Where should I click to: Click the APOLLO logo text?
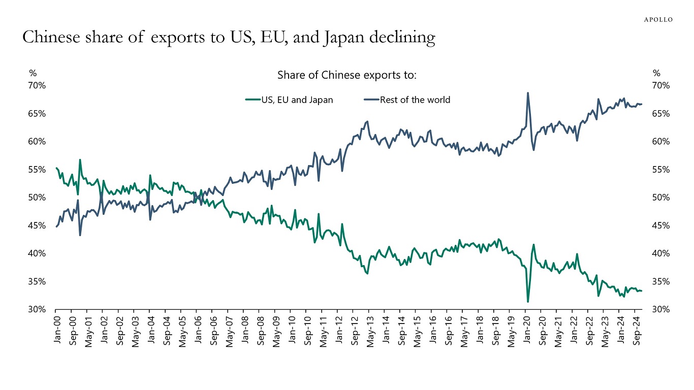click(x=658, y=20)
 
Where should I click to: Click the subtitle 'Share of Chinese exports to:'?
click(x=347, y=75)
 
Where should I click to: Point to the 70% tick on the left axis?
click(x=36, y=85)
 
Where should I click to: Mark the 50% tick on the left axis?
click(x=36, y=198)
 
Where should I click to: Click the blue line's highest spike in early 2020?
click(x=528, y=93)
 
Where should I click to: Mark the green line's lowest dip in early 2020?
click(x=528, y=302)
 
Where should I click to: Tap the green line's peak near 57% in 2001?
click(x=80, y=159)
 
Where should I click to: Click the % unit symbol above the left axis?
click(x=33, y=73)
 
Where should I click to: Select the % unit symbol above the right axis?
click(x=656, y=73)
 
